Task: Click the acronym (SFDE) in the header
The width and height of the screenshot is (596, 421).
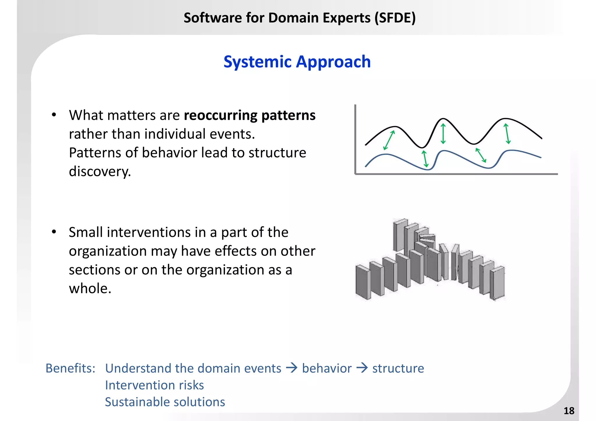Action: click(395, 18)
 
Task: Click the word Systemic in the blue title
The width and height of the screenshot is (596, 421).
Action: click(257, 62)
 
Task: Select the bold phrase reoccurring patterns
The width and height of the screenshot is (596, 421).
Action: click(249, 115)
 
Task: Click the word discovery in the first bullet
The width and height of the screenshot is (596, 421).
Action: click(100, 172)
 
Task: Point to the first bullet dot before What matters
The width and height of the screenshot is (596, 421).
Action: click(54, 115)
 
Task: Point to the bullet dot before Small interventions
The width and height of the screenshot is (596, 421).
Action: click(54, 232)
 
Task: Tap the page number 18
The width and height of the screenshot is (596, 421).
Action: click(569, 411)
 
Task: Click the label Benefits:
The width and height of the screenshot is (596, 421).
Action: click(70, 368)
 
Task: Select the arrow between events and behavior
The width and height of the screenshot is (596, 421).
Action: click(292, 368)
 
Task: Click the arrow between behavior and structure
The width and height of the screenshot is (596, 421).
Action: click(362, 368)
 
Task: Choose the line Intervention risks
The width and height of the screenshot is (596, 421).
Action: click(154, 385)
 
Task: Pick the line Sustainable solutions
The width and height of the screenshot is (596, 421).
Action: click(165, 402)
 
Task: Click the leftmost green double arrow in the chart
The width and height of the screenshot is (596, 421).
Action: click(389, 140)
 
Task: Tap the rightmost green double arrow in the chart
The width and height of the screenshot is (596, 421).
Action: click(507, 134)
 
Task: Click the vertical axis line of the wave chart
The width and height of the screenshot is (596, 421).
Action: click(355, 140)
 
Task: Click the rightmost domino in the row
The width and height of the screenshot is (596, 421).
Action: click(497, 283)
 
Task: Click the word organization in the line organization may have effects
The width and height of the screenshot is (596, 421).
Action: click(108, 251)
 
